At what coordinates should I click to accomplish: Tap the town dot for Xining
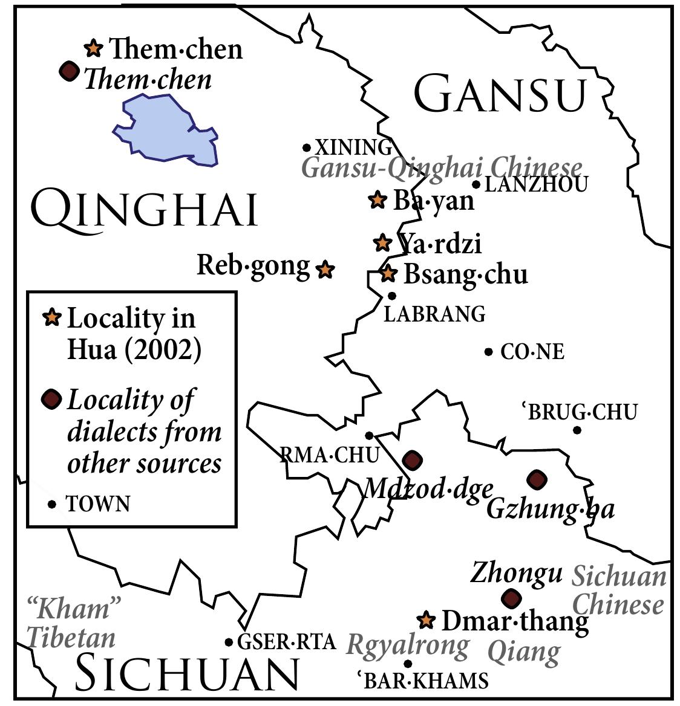307,147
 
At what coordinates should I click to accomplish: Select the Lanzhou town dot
476,184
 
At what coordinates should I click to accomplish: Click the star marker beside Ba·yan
378,200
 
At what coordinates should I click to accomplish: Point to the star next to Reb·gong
325,270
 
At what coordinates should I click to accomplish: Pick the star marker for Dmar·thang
427,620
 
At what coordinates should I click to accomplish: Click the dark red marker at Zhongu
512,598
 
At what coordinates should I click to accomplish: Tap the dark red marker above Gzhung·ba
537,480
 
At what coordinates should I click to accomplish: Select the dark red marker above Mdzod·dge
413,461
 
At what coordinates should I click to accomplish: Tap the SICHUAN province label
188,673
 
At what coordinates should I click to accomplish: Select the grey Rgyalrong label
408,646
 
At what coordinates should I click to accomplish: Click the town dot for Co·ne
488,352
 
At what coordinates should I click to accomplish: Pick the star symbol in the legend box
53,317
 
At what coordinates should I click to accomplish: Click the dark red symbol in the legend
52,399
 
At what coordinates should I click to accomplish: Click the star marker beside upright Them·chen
93,48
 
